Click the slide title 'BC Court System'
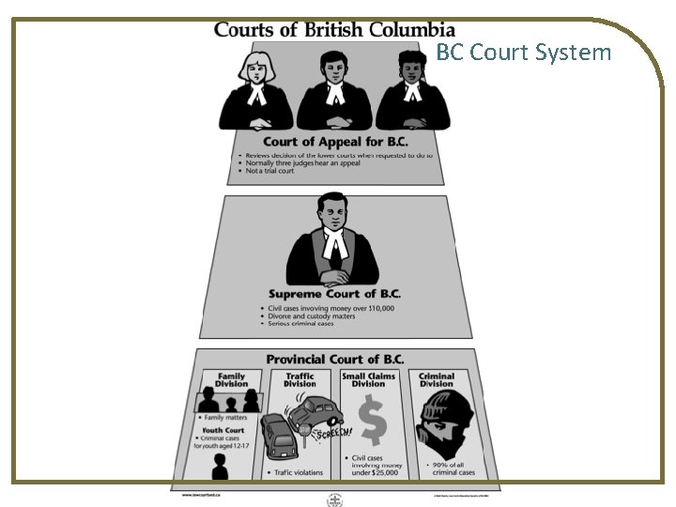click(x=523, y=52)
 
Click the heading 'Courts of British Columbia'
click(x=334, y=29)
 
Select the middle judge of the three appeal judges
click(x=334, y=91)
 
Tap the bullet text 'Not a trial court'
click(x=269, y=171)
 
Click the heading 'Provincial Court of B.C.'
click(x=334, y=360)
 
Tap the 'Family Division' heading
click(x=231, y=380)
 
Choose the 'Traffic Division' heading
click(x=300, y=380)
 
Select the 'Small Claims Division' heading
click(x=368, y=380)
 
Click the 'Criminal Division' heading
click(x=437, y=380)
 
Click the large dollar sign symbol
click(x=372, y=422)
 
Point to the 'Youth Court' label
click(x=223, y=432)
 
